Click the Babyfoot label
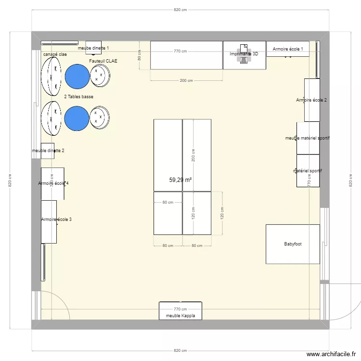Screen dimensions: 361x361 (x=294, y=244)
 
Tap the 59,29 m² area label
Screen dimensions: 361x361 (x=180, y=180)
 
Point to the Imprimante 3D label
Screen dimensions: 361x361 (x=244, y=54)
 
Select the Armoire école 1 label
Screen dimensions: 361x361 (x=288, y=49)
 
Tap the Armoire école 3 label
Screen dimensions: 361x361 (x=57, y=219)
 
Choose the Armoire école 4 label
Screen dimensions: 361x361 (x=53, y=183)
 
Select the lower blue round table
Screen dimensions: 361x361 (x=77, y=118)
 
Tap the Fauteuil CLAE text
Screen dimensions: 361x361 (x=103, y=61)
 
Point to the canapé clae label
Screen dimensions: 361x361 (x=55, y=54)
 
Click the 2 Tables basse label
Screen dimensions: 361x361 (x=78, y=97)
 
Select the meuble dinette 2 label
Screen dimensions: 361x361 (x=48, y=151)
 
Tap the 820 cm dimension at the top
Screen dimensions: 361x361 (x=180, y=10)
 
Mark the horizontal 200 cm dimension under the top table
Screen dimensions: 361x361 (x=186, y=80)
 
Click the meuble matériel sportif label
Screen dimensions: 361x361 (x=307, y=138)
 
